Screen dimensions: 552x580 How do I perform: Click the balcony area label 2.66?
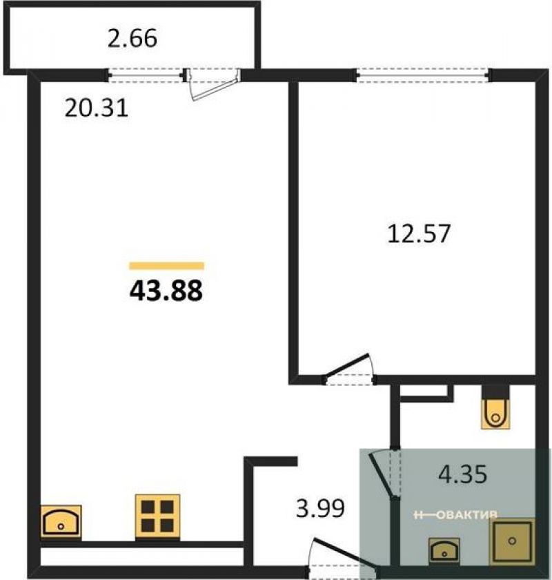[132, 38]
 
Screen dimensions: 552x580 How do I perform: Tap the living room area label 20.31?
[97, 108]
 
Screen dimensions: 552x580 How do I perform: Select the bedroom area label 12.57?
[419, 233]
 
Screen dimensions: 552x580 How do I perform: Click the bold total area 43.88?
[166, 291]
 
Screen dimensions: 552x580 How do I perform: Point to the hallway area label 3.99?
[321, 508]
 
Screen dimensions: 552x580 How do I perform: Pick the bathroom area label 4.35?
[462, 474]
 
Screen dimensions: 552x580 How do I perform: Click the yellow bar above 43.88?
[167, 266]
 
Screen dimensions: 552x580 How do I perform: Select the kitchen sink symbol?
[61, 521]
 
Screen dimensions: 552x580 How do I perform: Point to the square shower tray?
[512, 541]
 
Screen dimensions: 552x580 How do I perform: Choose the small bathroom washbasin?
[444, 550]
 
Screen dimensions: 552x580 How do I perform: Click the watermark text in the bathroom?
[455, 514]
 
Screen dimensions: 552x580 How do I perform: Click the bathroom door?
[384, 475]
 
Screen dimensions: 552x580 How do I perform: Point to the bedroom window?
[424, 75]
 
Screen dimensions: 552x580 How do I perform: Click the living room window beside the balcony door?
[146, 75]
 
